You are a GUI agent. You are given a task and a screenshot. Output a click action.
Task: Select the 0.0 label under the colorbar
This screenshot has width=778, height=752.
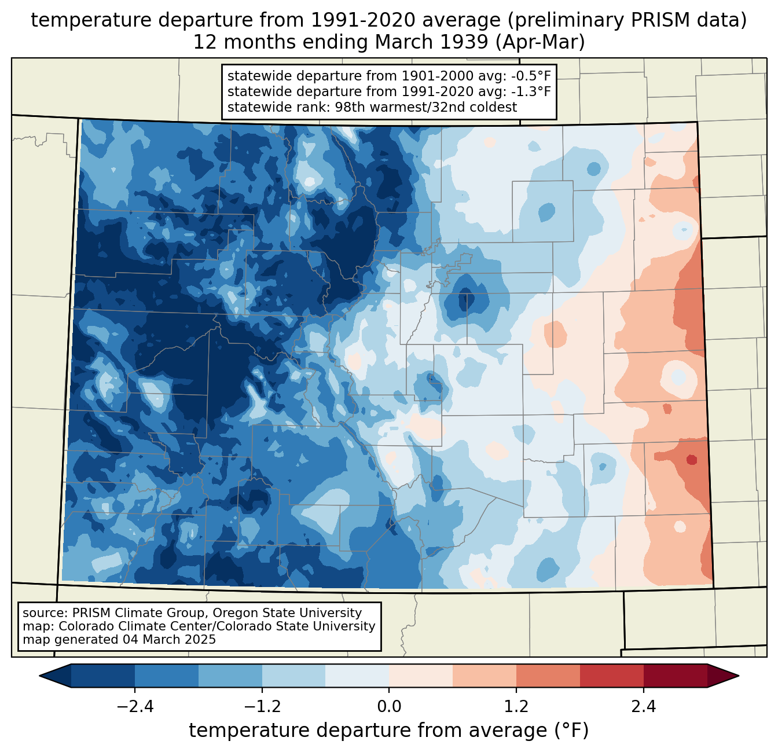(389, 707)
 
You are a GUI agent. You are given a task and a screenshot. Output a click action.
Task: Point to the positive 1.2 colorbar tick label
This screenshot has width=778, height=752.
(516, 707)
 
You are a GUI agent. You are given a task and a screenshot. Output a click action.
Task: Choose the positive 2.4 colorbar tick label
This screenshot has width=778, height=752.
(644, 707)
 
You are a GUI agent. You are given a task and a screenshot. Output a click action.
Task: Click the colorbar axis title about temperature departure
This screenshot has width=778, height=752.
(389, 731)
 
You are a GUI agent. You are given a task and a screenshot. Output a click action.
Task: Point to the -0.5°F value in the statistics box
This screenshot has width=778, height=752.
(531, 76)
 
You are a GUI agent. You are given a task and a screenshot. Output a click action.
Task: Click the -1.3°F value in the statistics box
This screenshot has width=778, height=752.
(531, 91)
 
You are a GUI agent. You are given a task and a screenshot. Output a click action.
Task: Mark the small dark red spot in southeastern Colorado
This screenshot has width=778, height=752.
(691, 460)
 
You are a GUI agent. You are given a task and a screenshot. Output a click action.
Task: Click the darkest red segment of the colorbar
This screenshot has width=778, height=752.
(675, 676)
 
